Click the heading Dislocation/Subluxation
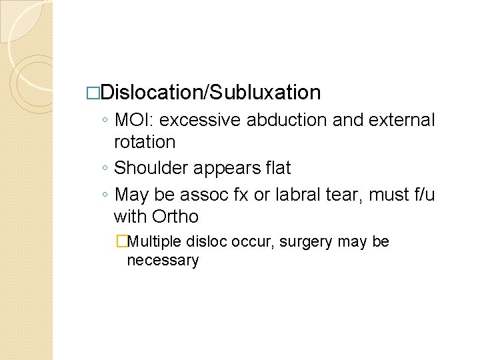212,92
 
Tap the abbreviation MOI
135,121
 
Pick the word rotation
145,142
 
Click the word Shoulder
151,168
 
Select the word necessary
163,260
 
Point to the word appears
222,168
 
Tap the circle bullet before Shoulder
107,169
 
